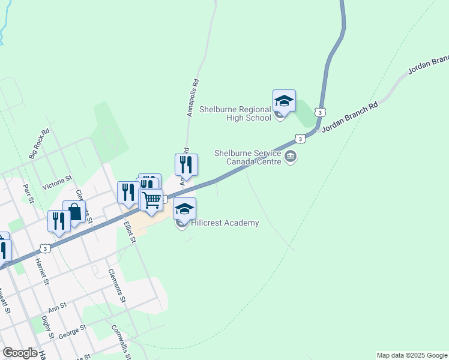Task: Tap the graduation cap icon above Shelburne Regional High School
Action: [x=284, y=101]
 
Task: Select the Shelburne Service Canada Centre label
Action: [x=248, y=157]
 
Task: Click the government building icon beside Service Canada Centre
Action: [x=292, y=157]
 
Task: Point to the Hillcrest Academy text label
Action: [x=225, y=223]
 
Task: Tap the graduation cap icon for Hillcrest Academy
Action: [x=185, y=209]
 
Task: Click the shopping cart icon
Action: [x=152, y=200]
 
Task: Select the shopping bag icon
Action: [x=74, y=212]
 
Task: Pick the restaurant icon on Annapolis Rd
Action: [x=186, y=164]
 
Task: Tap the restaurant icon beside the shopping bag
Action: [x=59, y=221]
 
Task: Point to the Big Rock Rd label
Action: [x=39, y=144]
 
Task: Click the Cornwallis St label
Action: [x=121, y=343]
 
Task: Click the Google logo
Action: [x=20, y=353]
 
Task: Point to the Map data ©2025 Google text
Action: [x=412, y=355]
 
